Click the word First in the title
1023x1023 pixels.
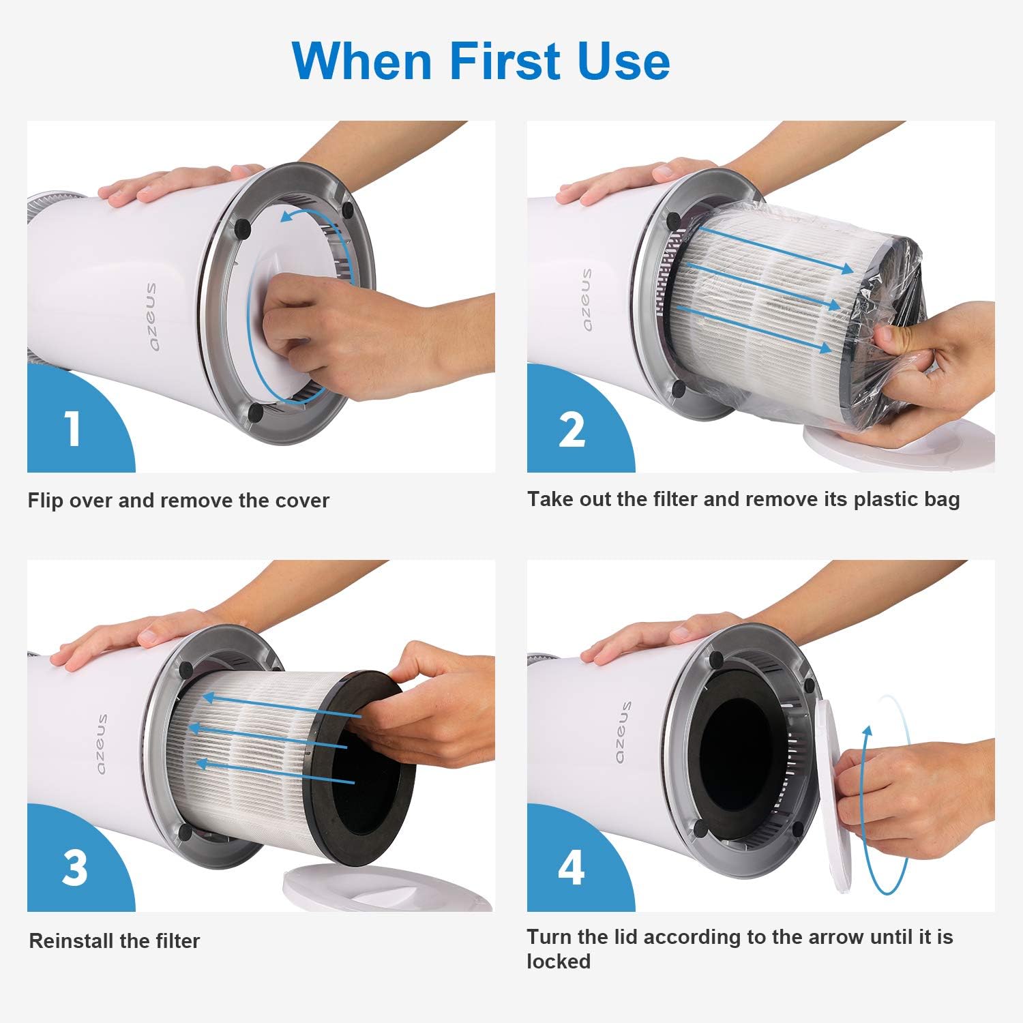click(503, 61)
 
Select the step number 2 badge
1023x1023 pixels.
click(572, 430)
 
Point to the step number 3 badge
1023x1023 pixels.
click(74, 868)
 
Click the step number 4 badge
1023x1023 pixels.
click(571, 868)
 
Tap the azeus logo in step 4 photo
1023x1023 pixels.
click(623, 732)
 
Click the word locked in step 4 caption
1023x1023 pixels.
click(558, 962)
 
